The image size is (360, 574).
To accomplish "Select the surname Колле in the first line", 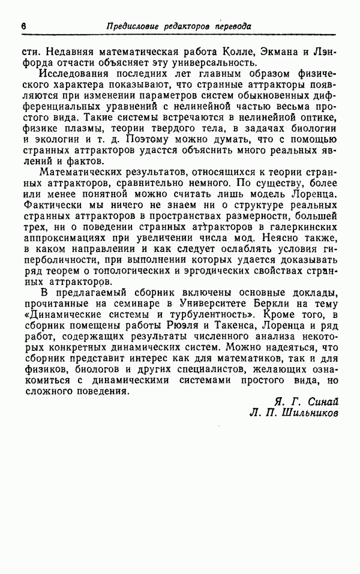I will click(223, 52).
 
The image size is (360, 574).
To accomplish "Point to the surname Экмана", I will click(269, 52).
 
